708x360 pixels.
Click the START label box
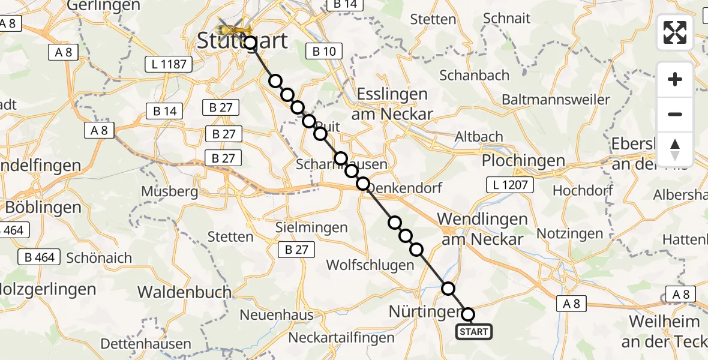(x=474, y=332)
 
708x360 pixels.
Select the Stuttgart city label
(x=243, y=41)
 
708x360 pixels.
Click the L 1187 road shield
(x=169, y=64)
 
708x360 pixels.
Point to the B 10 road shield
(x=324, y=52)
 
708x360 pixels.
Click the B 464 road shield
(x=40, y=257)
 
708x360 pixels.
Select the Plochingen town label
(x=515, y=161)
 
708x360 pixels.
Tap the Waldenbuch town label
(x=185, y=292)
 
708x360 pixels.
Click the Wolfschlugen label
(x=370, y=265)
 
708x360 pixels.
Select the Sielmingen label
(x=311, y=227)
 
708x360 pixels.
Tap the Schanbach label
(x=474, y=75)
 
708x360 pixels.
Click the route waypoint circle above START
(x=468, y=314)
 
